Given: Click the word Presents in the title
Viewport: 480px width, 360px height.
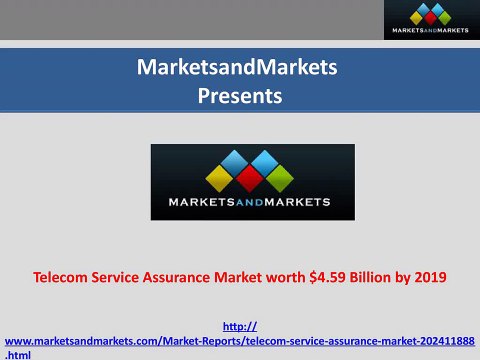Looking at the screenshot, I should click(240, 97).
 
